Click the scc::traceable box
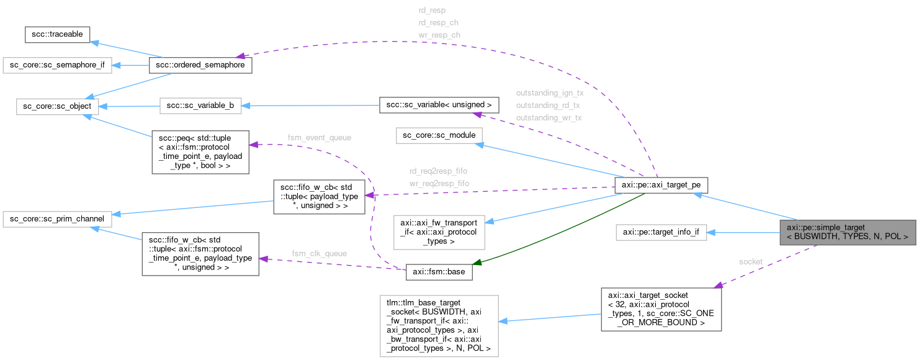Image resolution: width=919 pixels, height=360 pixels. [58, 35]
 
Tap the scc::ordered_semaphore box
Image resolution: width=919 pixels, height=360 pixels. [200, 65]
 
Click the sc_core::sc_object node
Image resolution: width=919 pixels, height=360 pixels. [54, 106]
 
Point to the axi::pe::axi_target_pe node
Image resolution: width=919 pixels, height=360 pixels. [660, 184]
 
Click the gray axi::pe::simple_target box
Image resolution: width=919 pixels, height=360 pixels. [847, 232]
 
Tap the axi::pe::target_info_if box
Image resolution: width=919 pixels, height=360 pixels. [661, 233]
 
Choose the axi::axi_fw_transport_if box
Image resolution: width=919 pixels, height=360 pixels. [439, 230]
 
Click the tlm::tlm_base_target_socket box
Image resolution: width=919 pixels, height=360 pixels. [439, 325]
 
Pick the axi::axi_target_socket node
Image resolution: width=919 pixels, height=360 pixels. [661, 308]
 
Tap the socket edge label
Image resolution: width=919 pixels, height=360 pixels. [750, 262]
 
